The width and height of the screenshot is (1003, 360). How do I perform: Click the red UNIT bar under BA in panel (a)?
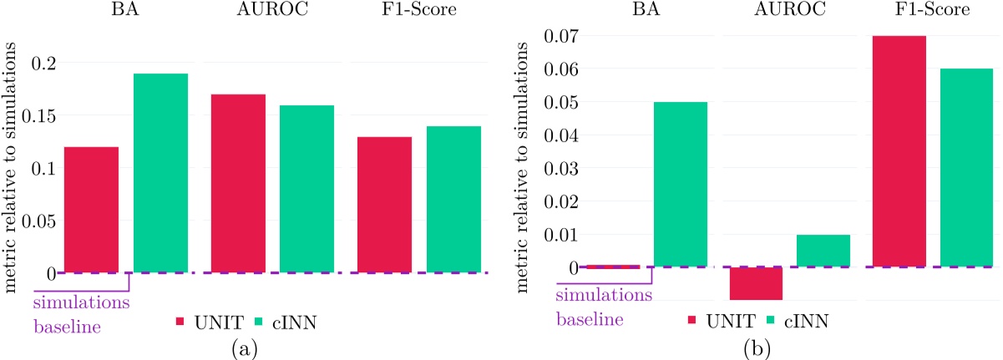point(91,210)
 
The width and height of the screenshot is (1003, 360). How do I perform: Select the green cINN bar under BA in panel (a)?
point(161,173)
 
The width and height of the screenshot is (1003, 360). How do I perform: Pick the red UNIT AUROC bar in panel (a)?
point(238,184)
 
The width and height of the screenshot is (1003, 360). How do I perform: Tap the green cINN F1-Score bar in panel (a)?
point(454,199)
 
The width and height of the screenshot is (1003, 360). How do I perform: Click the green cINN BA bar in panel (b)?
point(680,184)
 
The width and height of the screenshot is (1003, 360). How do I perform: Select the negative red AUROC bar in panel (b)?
point(755,283)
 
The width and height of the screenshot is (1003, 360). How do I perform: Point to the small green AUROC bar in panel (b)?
point(823,251)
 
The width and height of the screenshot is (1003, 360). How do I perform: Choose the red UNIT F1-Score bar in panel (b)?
point(899,151)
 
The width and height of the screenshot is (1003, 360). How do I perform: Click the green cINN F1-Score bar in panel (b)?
point(967,167)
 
